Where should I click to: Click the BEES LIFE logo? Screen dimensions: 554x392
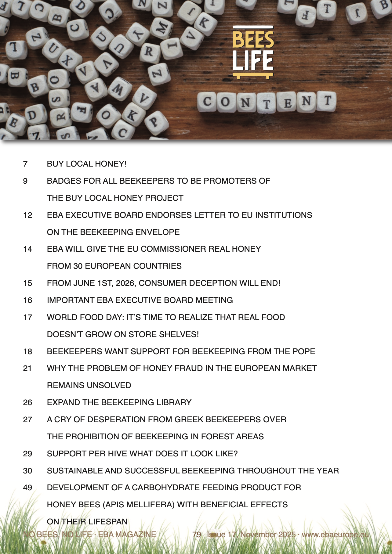coord(253,52)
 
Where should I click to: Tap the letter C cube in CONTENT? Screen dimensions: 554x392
coord(207,102)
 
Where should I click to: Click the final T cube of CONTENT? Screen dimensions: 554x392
coord(327,100)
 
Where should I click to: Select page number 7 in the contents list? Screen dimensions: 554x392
coord(25,164)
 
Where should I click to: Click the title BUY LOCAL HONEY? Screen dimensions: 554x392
coord(87,164)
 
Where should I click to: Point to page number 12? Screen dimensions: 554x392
coord(27,215)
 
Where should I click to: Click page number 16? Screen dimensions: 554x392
coord(27,300)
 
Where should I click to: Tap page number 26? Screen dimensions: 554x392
coord(27,402)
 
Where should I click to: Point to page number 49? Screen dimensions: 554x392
coord(27,487)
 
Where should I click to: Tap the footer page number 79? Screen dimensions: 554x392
coord(197,535)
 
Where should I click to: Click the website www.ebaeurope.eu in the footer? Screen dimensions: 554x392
coord(335,535)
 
